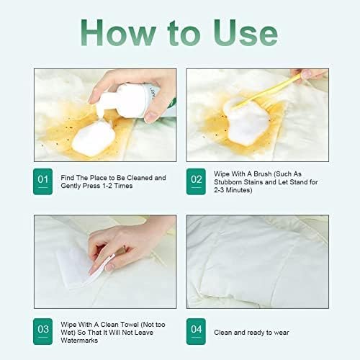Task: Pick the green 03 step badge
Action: point(44,329)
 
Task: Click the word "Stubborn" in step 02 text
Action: point(233,184)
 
